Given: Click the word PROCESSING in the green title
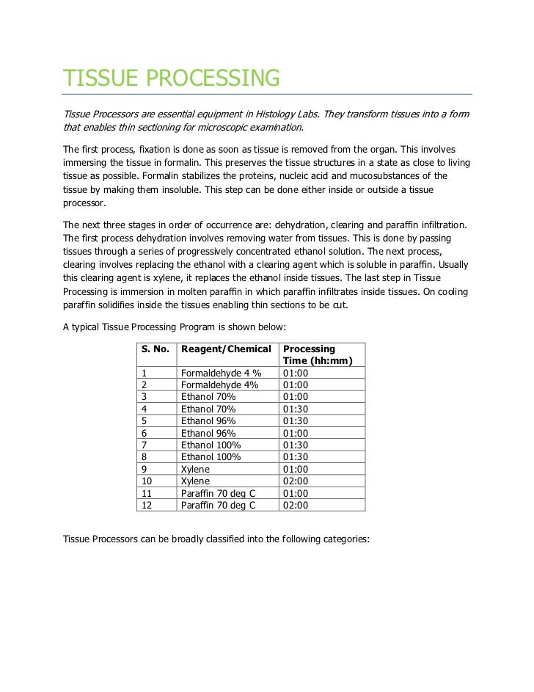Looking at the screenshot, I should [215, 78].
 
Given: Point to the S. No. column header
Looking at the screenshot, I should [155, 349].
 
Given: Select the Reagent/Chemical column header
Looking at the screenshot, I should [226, 349].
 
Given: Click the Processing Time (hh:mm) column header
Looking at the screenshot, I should [318, 354].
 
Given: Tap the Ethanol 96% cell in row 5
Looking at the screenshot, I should [208, 420].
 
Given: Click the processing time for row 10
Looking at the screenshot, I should [296, 481].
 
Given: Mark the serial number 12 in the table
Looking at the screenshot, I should [146, 505].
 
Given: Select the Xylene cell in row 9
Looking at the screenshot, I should [195, 469].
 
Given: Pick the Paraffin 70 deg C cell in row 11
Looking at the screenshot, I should [218, 493].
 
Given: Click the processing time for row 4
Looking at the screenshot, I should [296, 409].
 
